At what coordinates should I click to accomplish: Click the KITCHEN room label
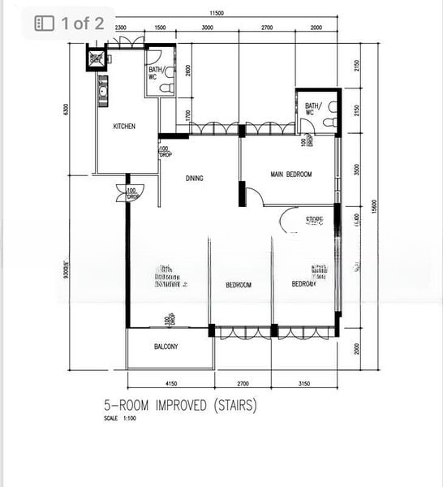point(124,127)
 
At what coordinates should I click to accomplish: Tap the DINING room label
point(194,179)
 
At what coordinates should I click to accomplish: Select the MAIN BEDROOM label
point(290,175)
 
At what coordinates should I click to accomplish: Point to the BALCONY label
point(166,347)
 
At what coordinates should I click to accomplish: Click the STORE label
point(314,220)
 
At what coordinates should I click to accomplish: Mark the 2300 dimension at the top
point(121,28)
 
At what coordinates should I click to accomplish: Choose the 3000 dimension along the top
point(207,28)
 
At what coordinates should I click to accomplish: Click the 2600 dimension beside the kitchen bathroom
point(187,71)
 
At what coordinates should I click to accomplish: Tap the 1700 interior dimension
point(187,115)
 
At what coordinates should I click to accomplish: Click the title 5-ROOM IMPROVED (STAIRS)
point(179,405)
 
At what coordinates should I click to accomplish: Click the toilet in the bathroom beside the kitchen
point(166,88)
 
